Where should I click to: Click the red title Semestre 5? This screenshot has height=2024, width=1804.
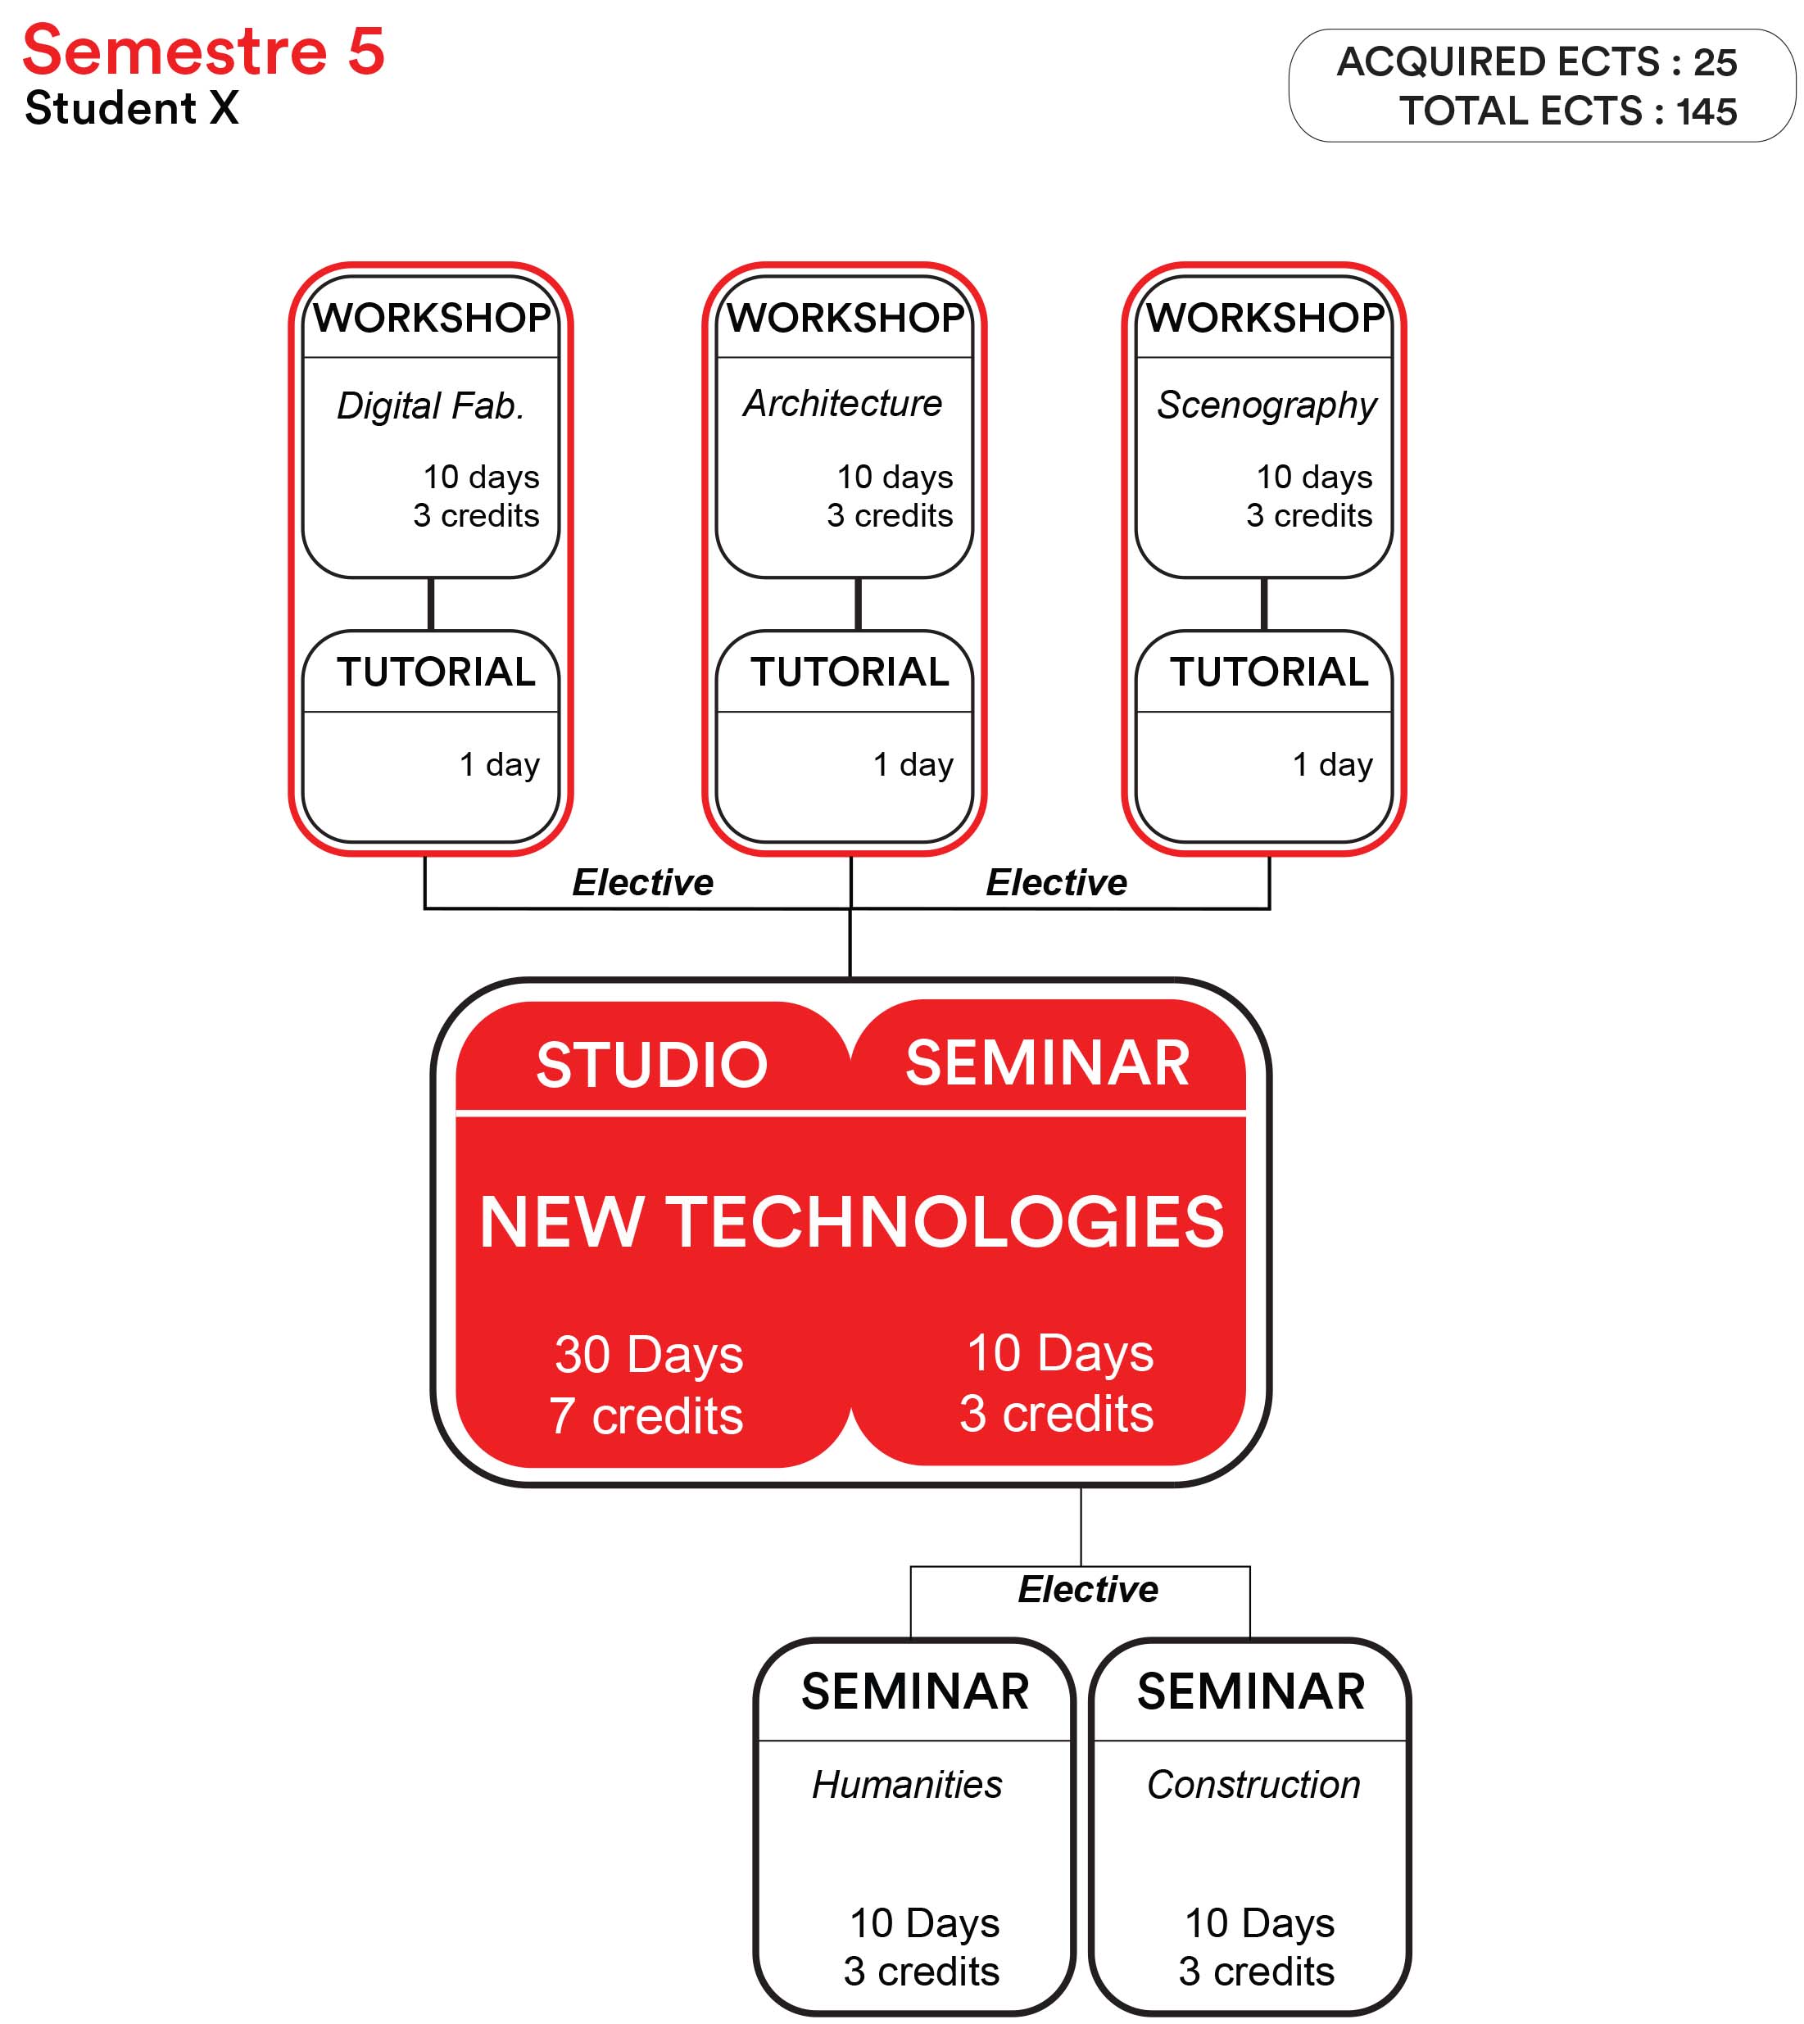(x=203, y=51)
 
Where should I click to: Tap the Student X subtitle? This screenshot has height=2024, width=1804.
(x=132, y=108)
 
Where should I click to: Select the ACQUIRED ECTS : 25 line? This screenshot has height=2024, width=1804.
(x=1536, y=61)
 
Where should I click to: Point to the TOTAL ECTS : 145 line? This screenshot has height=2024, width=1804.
(x=1568, y=111)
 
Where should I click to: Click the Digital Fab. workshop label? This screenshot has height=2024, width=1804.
(x=430, y=405)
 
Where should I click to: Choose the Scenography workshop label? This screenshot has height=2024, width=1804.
(x=1267, y=405)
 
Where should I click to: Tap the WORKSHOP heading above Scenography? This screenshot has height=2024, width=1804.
(x=1265, y=317)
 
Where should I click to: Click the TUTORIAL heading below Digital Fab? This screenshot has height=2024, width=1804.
(x=436, y=672)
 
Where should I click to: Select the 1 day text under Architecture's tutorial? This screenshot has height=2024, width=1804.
(x=913, y=764)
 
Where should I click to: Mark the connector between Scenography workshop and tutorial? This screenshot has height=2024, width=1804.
(x=1264, y=604)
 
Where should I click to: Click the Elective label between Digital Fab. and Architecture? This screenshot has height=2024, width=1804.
(x=642, y=882)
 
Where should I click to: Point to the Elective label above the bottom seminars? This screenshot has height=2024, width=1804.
(x=1088, y=1590)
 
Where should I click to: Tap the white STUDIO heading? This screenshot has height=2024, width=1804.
(x=652, y=1065)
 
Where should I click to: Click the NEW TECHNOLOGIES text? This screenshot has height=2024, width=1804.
(x=851, y=1221)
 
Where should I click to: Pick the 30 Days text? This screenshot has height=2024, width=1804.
(x=649, y=1355)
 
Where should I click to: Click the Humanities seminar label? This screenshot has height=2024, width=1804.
(x=907, y=1785)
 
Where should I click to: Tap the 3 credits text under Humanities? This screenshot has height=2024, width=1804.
(x=922, y=1972)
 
